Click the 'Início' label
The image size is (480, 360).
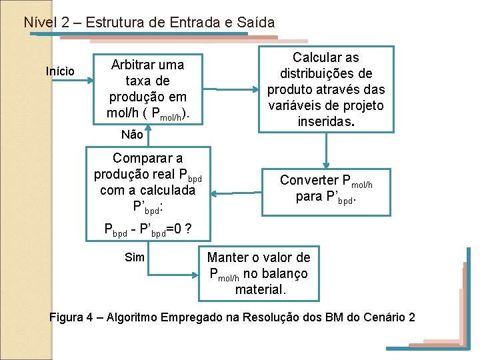(60, 71)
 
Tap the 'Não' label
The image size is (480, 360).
(133, 134)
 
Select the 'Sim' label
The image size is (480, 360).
(135, 257)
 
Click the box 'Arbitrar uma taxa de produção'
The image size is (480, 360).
(147, 89)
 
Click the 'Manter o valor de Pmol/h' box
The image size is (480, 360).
(259, 273)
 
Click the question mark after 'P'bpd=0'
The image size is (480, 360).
(189, 229)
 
